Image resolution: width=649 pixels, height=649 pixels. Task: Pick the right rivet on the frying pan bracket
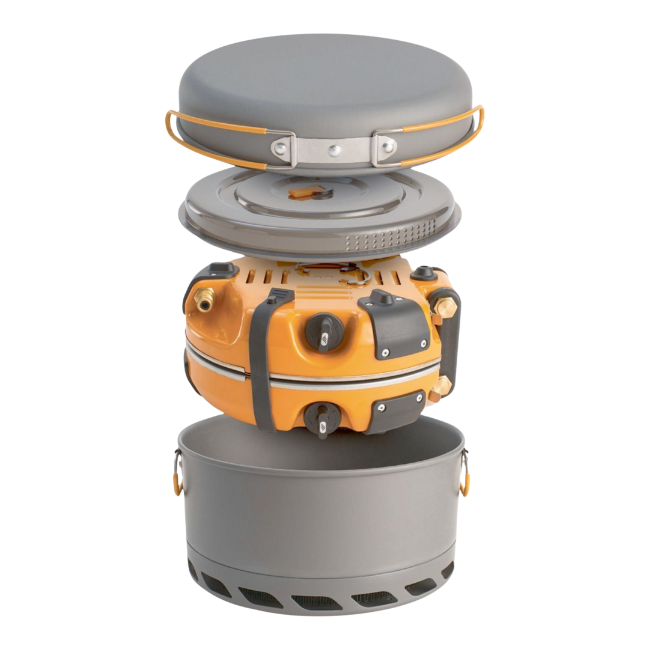[388, 145]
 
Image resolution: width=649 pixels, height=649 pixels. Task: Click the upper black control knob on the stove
[325, 330]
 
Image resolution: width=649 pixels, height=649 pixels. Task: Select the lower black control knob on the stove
[320, 417]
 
